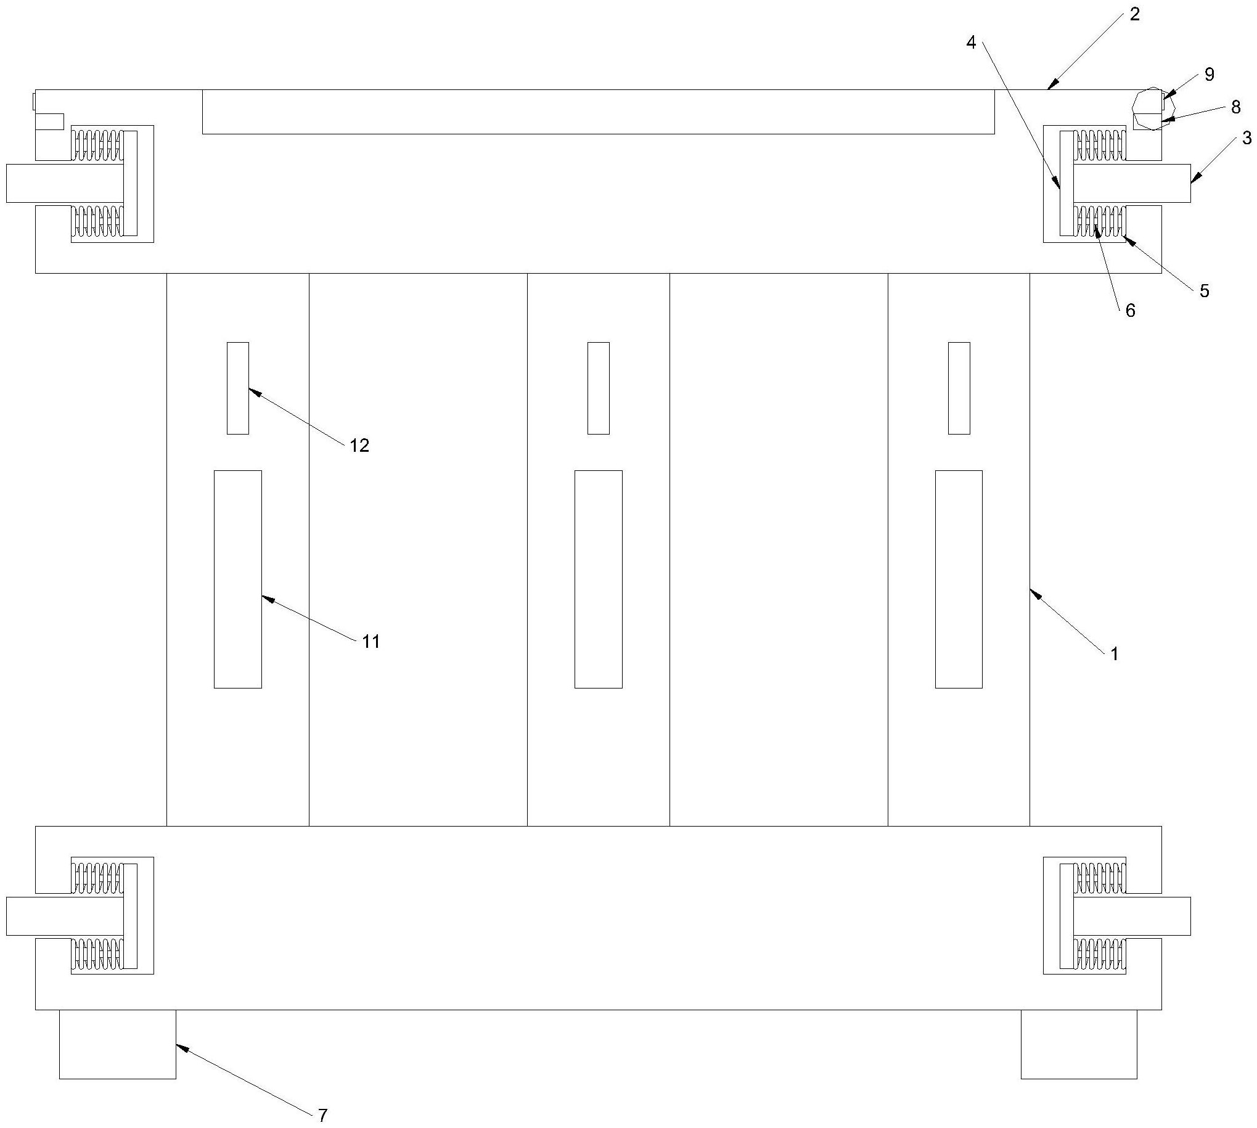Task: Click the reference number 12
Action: [x=359, y=445]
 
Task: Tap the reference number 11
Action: [x=371, y=642]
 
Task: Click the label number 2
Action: [x=1134, y=14]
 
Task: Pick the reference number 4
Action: [x=971, y=43]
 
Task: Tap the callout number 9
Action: [x=1209, y=75]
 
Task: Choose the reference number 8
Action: [x=1235, y=107]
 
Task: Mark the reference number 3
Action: [x=1247, y=138]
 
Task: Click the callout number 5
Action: [x=1204, y=292]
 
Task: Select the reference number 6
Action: [x=1130, y=311]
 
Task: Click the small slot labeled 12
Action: [x=238, y=388]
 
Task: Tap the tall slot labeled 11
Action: [x=238, y=579]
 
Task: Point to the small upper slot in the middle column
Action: [x=598, y=388]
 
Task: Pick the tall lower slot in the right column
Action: [x=959, y=579]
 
